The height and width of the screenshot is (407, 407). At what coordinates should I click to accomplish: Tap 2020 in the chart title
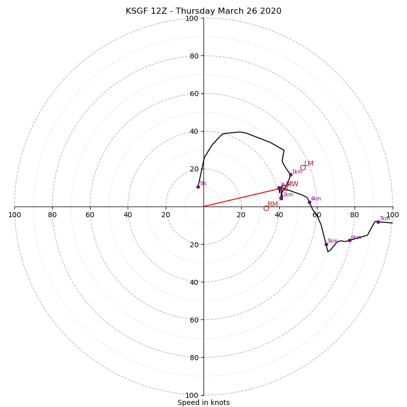coord(271,11)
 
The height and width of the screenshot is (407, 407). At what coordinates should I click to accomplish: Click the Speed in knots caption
coord(203,402)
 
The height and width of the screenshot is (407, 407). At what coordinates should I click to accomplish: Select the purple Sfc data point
coord(198,187)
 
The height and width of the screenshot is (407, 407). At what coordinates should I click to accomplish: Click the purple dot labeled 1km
coord(290,175)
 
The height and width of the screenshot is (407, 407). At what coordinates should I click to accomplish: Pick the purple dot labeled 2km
coord(281,198)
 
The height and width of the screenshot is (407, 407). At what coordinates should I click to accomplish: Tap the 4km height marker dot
coord(309,202)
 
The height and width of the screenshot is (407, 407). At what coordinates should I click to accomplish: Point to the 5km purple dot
coord(326,244)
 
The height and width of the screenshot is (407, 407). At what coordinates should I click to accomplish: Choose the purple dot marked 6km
coord(350,240)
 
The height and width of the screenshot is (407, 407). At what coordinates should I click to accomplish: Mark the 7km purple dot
coord(378,222)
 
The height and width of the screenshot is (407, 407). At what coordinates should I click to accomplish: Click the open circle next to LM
coord(303,167)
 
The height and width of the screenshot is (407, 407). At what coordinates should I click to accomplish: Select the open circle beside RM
coord(266,208)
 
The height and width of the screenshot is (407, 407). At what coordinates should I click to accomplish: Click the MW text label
coord(292,184)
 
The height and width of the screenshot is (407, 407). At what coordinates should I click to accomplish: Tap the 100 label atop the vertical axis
coord(192,18)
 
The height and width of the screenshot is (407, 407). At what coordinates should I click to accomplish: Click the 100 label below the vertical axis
coord(192,395)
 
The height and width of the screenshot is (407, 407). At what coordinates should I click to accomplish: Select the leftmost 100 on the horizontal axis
coord(14,215)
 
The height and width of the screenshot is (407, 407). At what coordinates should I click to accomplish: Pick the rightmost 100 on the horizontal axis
coord(392,215)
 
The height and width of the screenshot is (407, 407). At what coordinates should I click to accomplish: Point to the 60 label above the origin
coord(194,94)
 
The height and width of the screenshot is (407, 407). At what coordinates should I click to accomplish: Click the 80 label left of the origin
coord(52,215)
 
